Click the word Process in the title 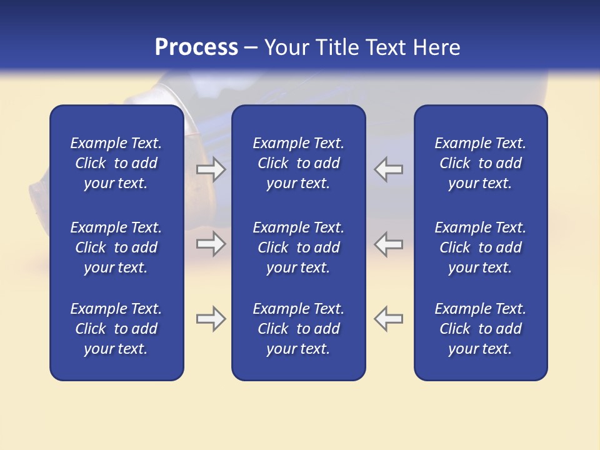tap(196, 47)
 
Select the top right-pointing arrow tap(211, 169)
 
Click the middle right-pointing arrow tap(211, 244)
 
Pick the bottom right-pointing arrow tap(211, 319)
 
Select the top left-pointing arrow tap(388, 169)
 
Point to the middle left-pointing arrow tap(388, 244)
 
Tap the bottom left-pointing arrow tap(388, 319)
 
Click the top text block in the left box tap(116, 163)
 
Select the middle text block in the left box tap(116, 247)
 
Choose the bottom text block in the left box tap(116, 329)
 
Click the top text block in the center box tap(298, 163)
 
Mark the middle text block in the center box tap(298, 247)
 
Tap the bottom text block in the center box tap(298, 329)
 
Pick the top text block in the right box tap(480, 163)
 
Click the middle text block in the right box tap(480, 247)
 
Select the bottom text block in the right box tap(480, 329)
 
